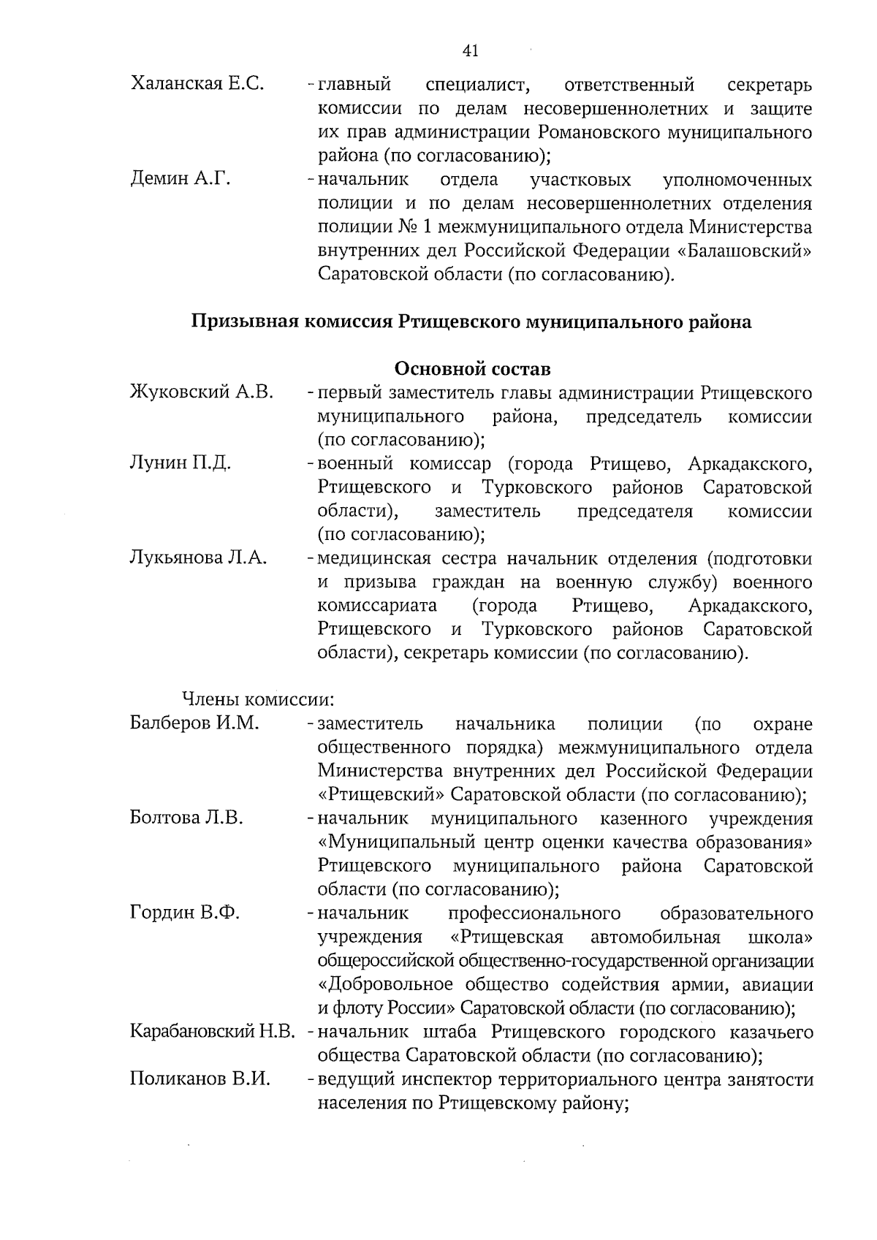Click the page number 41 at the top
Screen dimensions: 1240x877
pyautogui.click(x=470, y=50)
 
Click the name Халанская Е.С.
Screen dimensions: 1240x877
pyautogui.click(x=197, y=85)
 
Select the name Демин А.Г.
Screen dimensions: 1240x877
pyautogui.click(x=181, y=179)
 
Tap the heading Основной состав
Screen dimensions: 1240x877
pyautogui.click(x=472, y=369)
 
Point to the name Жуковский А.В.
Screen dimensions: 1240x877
pyautogui.click(x=202, y=393)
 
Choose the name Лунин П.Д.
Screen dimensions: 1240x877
pyautogui.click(x=181, y=463)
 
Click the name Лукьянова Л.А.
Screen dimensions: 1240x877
pyautogui.click(x=198, y=558)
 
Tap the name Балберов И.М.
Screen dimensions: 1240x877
pyautogui.click(x=194, y=723)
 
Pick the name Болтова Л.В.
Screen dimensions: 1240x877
pyautogui.click(x=186, y=818)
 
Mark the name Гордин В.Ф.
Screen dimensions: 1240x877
pyautogui.click(x=185, y=913)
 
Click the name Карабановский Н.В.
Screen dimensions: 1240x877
pyautogui.click(x=212, y=1032)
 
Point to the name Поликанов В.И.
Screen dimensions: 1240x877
pyautogui.click(x=200, y=1079)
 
